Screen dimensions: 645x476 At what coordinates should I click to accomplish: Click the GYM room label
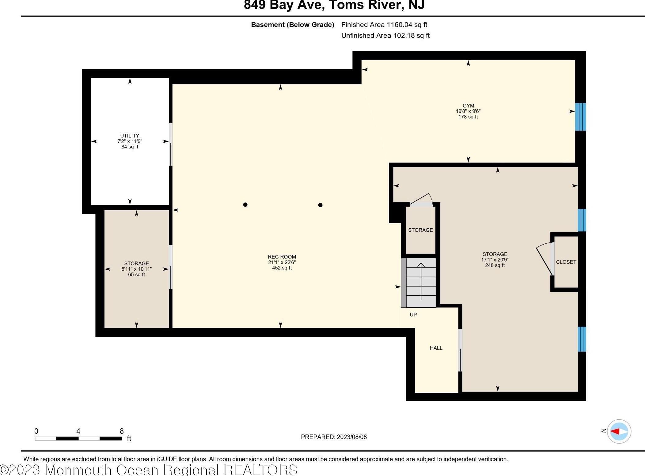(x=468, y=106)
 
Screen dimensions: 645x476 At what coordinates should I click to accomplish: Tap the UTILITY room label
(x=130, y=136)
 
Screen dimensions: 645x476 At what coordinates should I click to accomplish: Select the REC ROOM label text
(x=282, y=257)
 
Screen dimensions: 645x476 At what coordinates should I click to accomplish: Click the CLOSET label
(x=566, y=262)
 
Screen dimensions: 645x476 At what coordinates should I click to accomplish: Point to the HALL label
(x=436, y=348)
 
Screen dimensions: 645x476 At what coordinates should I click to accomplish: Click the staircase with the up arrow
(x=419, y=283)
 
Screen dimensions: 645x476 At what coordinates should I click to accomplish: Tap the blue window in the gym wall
(x=580, y=117)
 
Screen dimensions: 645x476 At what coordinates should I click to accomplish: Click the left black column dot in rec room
(x=245, y=204)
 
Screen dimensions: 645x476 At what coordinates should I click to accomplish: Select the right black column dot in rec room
(x=320, y=205)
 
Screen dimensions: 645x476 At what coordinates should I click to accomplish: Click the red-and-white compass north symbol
(x=619, y=431)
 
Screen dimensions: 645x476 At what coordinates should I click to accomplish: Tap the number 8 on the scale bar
(x=122, y=431)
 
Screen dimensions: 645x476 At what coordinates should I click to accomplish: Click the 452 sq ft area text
(x=282, y=268)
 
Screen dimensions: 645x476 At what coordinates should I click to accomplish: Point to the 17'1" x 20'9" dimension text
(x=495, y=260)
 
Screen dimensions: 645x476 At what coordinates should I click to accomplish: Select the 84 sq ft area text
(x=130, y=147)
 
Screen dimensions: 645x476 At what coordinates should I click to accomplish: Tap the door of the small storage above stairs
(x=420, y=200)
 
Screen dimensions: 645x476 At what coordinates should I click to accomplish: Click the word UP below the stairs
(x=413, y=315)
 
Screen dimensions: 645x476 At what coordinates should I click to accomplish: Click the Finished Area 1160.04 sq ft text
(x=384, y=24)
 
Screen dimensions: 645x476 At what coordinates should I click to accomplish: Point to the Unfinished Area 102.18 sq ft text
(x=385, y=36)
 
